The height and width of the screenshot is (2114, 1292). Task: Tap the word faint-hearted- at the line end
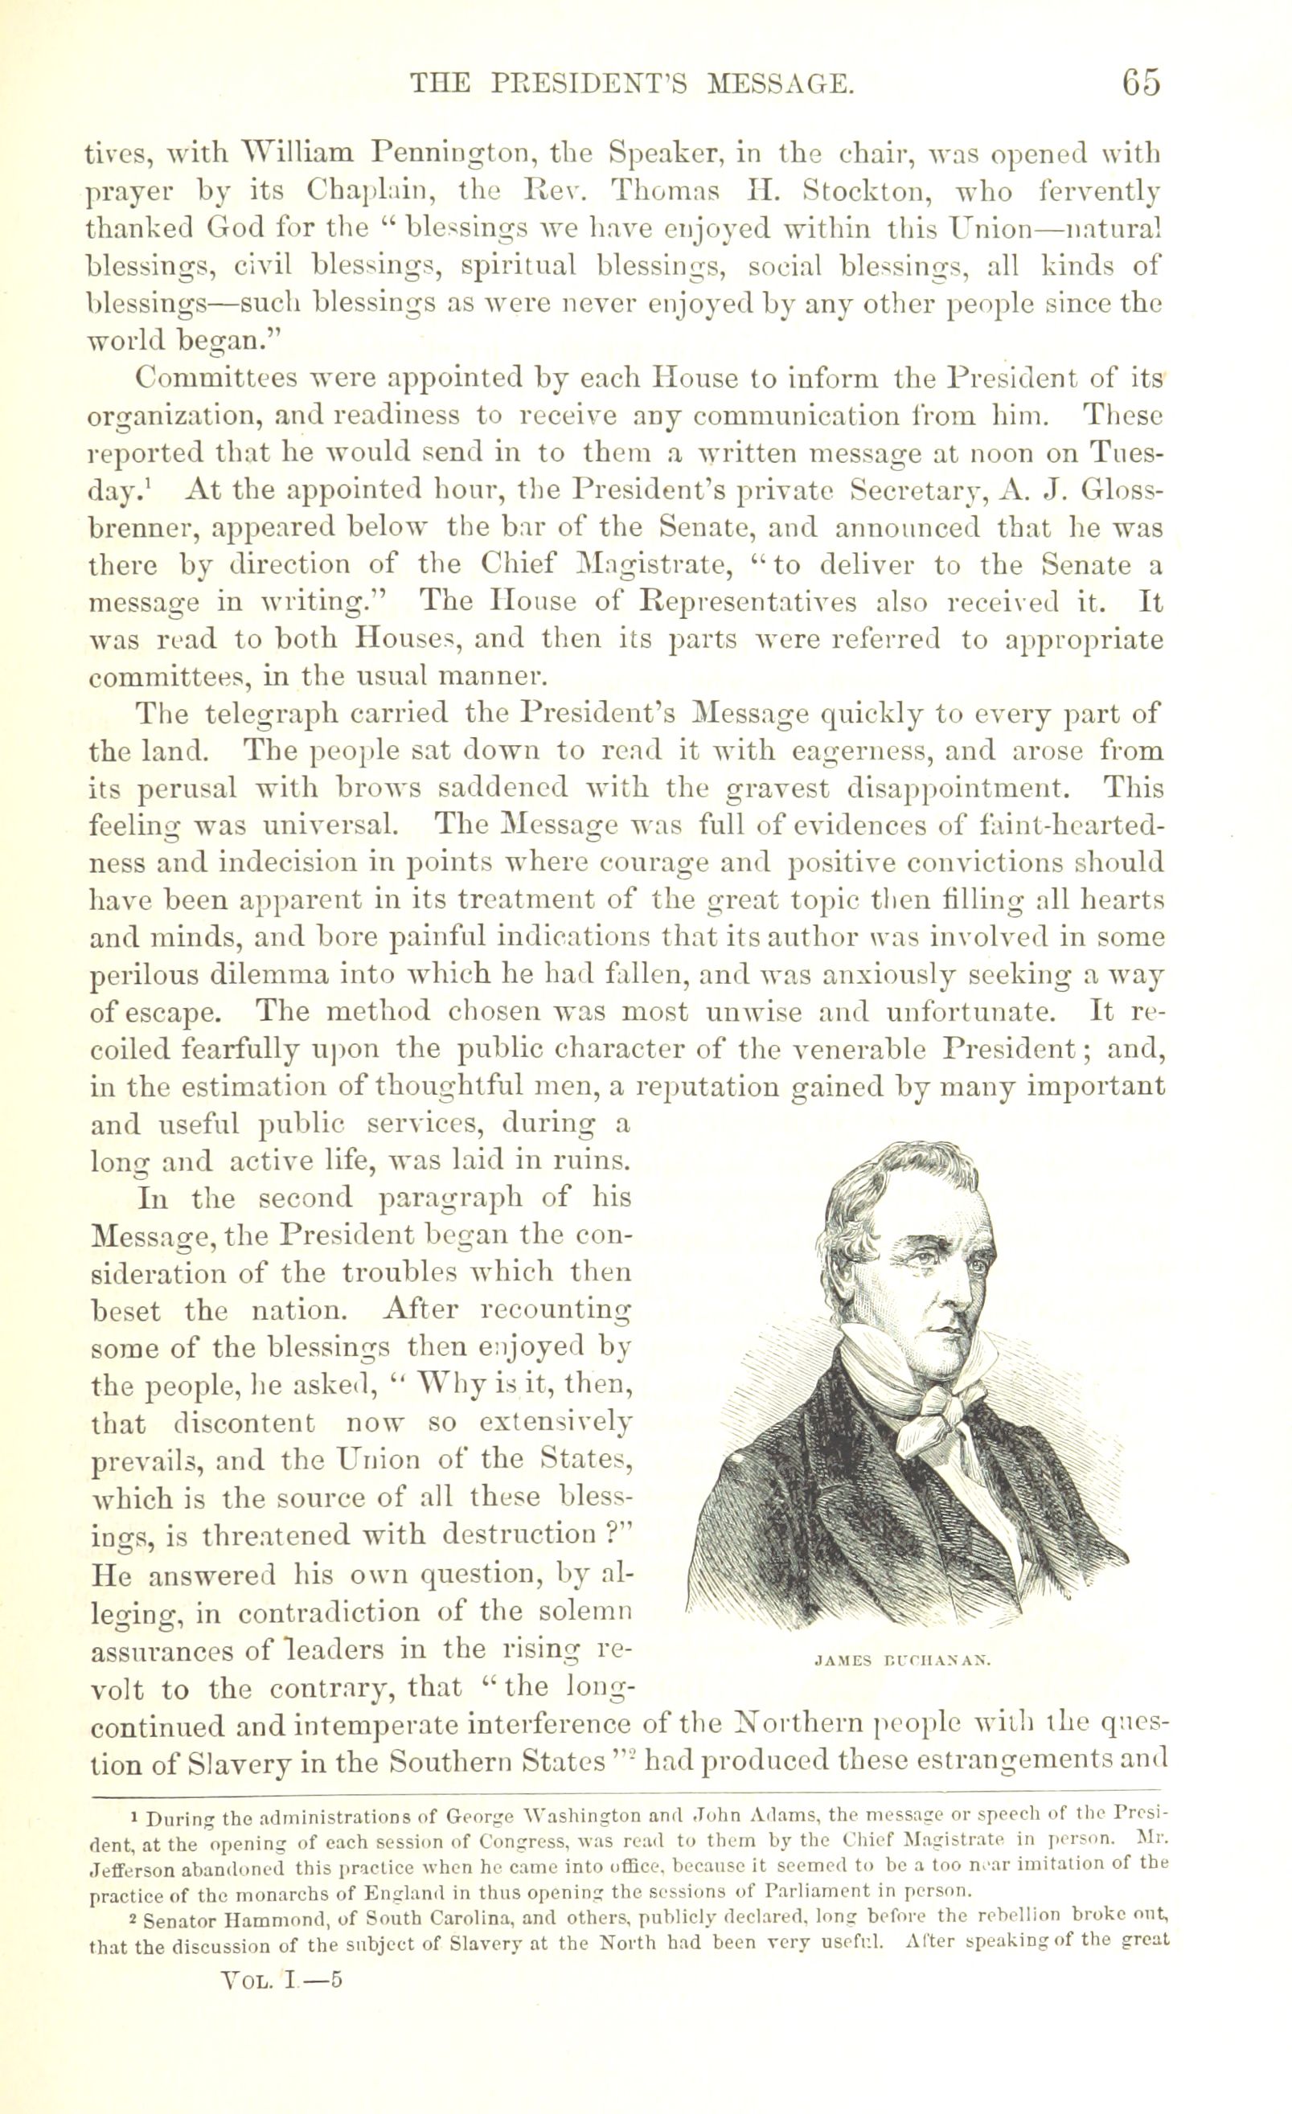1072,826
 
